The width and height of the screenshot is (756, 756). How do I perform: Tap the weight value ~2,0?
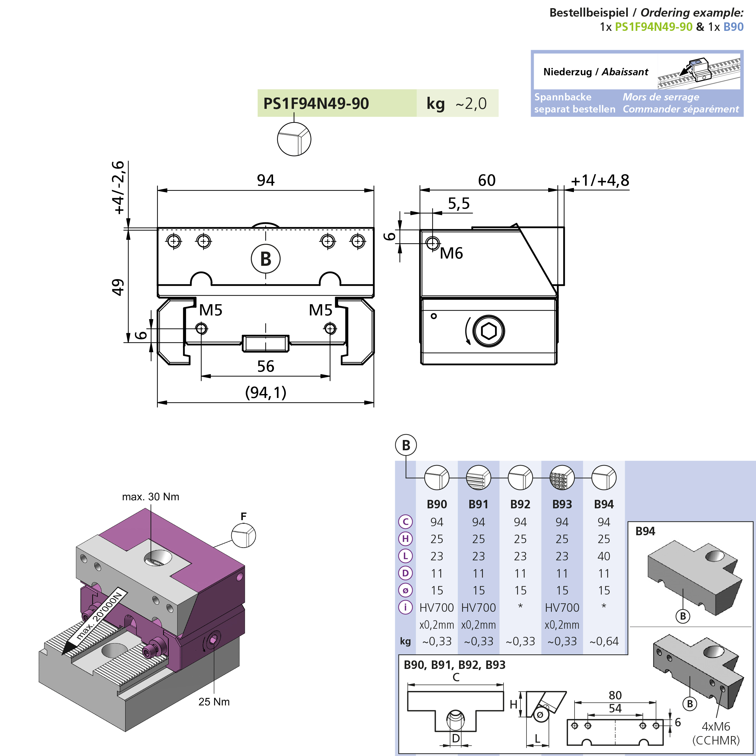coord(471,104)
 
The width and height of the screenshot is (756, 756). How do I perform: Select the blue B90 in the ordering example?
coord(733,27)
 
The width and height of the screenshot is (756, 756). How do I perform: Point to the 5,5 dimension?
coord(459,204)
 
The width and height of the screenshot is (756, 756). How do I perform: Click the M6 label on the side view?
coord(451,253)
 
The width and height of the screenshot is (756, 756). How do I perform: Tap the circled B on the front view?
coord(266,259)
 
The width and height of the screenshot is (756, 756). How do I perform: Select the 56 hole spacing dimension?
coord(266,366)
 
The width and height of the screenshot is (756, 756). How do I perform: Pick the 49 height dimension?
coord(118,287)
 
